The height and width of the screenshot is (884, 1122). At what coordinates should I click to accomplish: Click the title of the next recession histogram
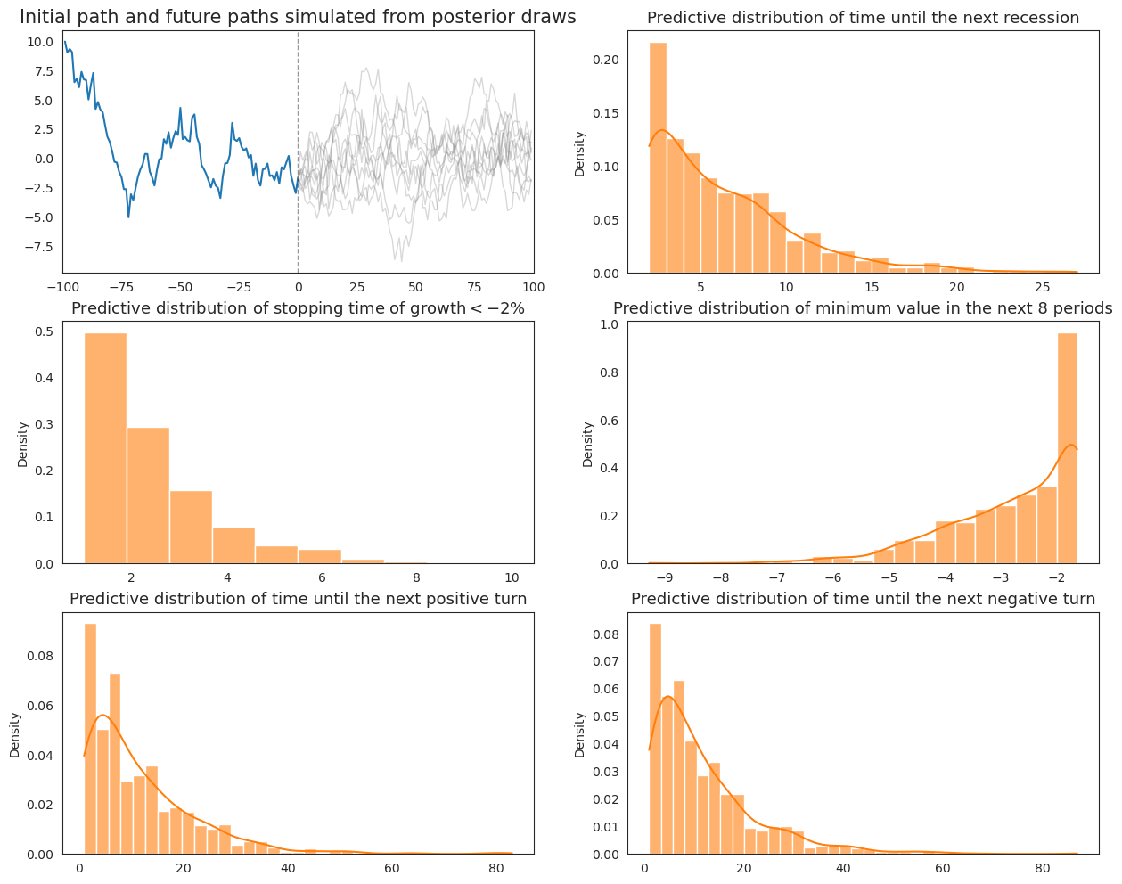863,18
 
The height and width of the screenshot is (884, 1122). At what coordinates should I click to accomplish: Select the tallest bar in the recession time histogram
658,160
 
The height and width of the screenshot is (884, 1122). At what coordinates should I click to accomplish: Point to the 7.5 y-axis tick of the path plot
42,72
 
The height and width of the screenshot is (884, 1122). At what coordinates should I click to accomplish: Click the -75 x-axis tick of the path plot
121,287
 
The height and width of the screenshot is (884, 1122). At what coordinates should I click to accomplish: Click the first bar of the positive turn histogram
90,740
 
